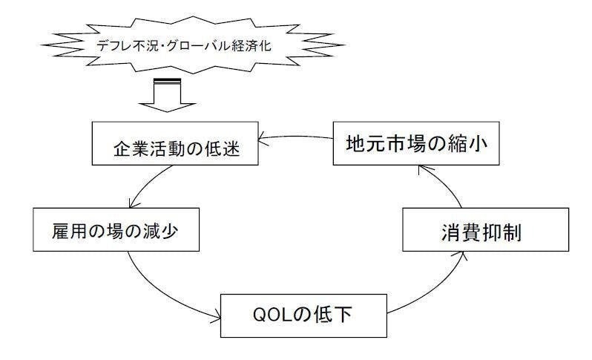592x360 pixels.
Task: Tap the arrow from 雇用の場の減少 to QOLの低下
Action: tap(159, 293)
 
